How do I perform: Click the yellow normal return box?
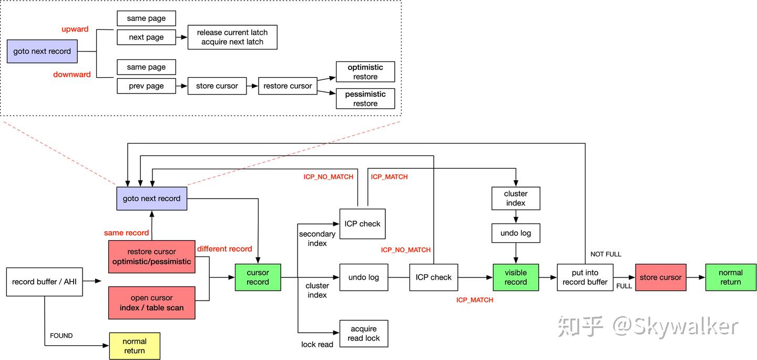click(135, 346)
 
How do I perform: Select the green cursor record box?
click(258, 277)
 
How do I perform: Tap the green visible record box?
click(516, 277)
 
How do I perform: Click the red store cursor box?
click(660, 277)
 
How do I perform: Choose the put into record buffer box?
click(585, 277)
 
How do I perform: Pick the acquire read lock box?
click(364, 333)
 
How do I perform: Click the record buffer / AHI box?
click(44, 282)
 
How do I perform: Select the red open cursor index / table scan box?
click(151, 303)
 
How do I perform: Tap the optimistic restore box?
click(365, 72)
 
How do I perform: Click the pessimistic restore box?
click(365, 99)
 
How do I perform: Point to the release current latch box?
click(232, 37)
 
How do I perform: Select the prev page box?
click(146, 86)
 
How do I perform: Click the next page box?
click(146, 37)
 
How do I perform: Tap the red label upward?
click(75, 29)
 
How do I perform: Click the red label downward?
click(72, 75)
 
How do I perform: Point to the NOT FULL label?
click(606, 254)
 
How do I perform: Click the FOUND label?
click(61, 336)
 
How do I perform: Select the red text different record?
click(224, 249)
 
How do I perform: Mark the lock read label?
click(317, 345)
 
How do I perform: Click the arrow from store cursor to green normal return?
click(695, 277)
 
